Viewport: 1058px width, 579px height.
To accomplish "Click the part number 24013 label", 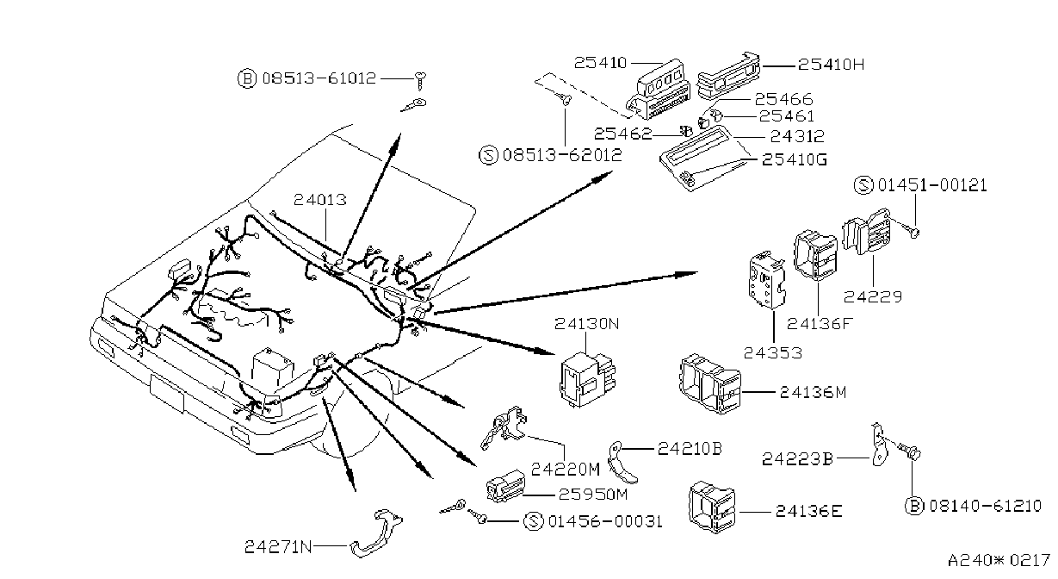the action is pos(319,200).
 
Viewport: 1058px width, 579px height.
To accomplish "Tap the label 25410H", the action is pos(831,65).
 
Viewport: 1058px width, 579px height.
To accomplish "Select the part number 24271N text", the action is pos(278,547).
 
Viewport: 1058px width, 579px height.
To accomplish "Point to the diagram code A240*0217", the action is pos(999,561).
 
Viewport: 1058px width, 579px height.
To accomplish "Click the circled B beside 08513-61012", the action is pos(246,78).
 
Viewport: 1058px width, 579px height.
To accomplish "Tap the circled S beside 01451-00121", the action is pos(863,184).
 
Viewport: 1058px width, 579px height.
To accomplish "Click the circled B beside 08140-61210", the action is pos(914,506).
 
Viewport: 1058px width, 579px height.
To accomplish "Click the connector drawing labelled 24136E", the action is pos(712,507).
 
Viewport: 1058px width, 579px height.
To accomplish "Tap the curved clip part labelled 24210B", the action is pos(620,463).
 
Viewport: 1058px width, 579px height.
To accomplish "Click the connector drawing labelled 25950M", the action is pos(505,485).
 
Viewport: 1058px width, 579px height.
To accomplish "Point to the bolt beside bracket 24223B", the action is pos(910,451).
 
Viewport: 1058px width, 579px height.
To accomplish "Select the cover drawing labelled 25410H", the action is pos(729,77).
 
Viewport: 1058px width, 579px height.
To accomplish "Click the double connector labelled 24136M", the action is pos(710,384).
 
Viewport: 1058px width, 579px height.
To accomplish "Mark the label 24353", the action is pos(773,353).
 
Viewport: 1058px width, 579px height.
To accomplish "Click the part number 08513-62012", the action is pos(562,155).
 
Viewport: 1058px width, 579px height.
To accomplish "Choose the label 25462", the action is pos(622,134).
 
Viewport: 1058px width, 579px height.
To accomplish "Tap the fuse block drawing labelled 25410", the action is pos(659,90).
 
